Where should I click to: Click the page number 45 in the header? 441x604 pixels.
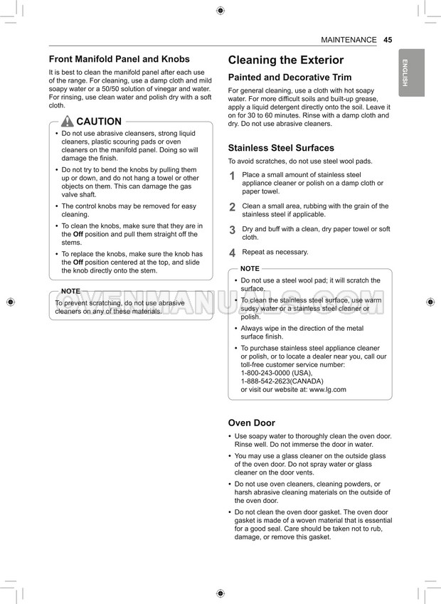(x=388, y=40)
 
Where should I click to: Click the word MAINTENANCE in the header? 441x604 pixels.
(x=349, y=40)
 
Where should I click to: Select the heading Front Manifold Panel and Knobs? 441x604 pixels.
(x=119, y=59)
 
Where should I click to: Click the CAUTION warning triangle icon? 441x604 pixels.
(x=68, y=122)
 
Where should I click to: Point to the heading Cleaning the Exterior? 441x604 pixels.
(x=285, y=60)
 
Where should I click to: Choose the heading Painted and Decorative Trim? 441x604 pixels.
(x=289, y=78)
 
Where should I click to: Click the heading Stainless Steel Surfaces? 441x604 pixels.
(x=280, y=148)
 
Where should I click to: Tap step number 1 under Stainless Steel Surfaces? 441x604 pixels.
(x=232, y=177)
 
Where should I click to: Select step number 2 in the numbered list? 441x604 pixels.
(x=232, y=208)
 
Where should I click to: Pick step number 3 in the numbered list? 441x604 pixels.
(x=232, y=231)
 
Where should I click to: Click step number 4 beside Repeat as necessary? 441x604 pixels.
(x=232, y=253)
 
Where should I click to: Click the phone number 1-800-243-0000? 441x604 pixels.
(x=267, y=373)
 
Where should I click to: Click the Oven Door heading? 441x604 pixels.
(x=251, y=423)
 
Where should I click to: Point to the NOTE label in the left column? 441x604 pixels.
(x=70, y=291)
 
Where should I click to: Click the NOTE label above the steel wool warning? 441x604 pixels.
(x=250, y=268)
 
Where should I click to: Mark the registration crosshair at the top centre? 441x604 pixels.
(x=220, y=10)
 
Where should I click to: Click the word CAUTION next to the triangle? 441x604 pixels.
(x=98, y=122)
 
